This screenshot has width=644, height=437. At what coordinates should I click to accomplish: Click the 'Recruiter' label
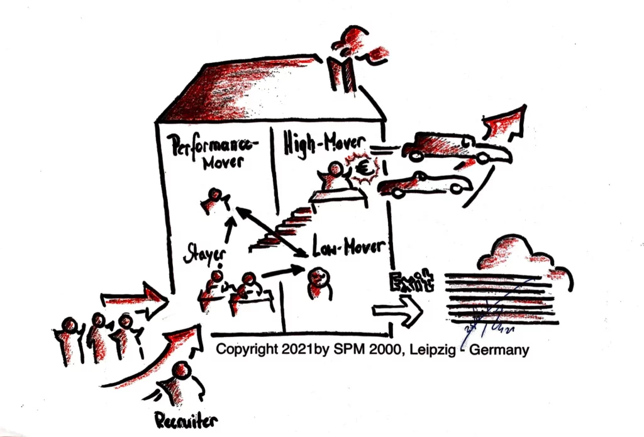(186, 419)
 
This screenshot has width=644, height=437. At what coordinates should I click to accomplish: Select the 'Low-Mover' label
(348, 247)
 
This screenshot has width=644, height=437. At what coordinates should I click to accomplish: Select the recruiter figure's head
(182, 370)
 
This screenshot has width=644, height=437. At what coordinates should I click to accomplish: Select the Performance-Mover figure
(214, 201)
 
